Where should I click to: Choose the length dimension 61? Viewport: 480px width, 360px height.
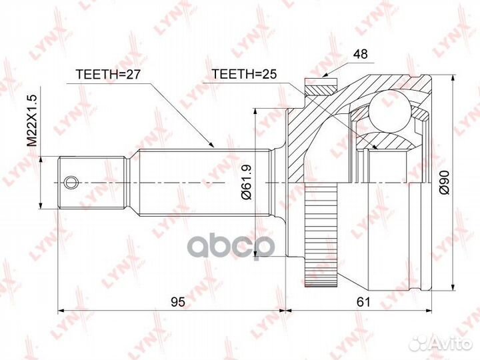tap(363, 301)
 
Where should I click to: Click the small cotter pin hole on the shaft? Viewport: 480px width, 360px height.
tap(70, 181)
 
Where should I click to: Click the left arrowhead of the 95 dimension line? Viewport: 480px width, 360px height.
tap(62, 311)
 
